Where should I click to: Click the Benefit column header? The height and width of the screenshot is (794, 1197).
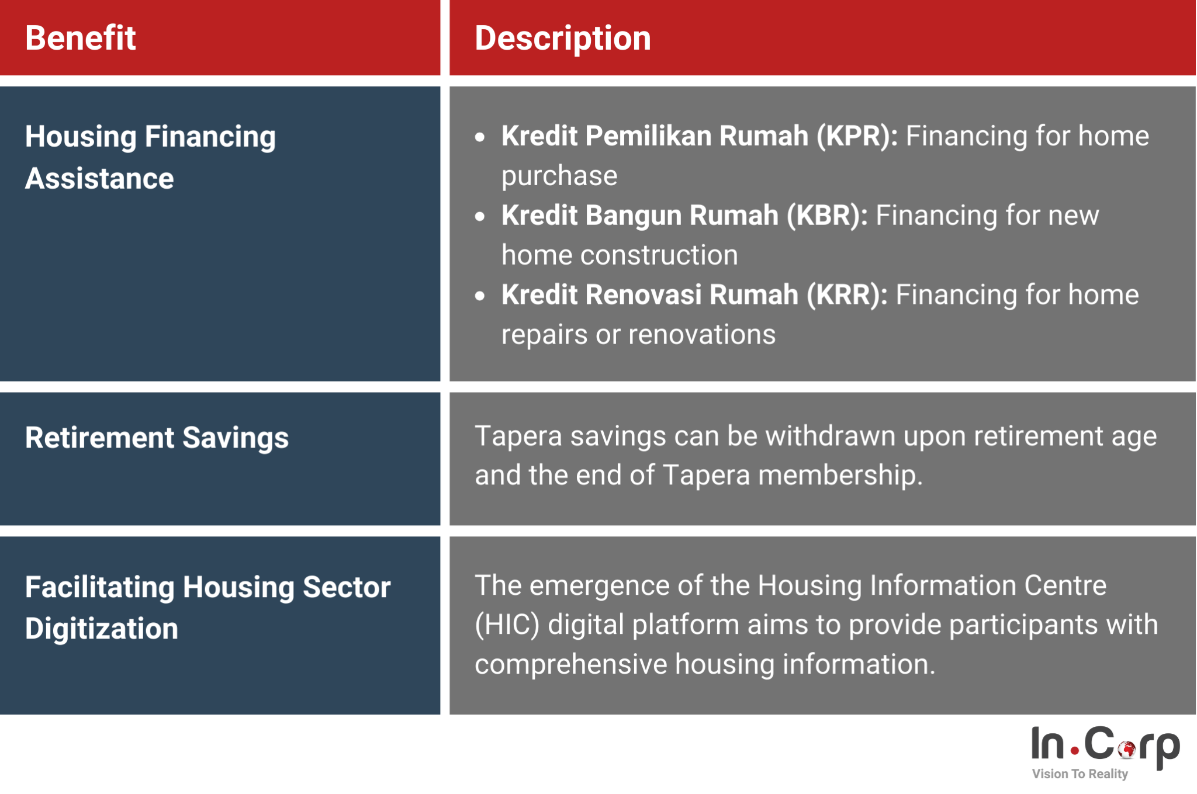point(81,39)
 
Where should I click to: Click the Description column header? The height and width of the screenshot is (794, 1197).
point(562,39)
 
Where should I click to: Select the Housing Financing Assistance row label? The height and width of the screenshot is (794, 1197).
point(150,157)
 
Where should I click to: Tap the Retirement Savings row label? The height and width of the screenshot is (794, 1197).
point(157,438)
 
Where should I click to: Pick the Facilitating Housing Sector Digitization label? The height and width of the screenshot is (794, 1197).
point(207,608)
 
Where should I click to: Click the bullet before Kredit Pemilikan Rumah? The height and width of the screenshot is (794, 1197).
point(480,137)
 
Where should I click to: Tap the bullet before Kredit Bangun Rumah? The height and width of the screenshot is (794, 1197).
point(480,217)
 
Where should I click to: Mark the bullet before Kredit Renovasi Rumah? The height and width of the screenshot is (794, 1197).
point(480,296)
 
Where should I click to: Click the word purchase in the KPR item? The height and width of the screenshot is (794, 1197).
point(559,176)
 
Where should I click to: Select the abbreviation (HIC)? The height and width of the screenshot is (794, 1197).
point(507,625)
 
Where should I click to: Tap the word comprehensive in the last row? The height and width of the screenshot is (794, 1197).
point(570,665)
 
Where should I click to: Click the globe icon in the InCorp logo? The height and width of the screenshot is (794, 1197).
point(1126,748)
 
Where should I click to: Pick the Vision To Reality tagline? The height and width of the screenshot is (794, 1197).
point(1080,774)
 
